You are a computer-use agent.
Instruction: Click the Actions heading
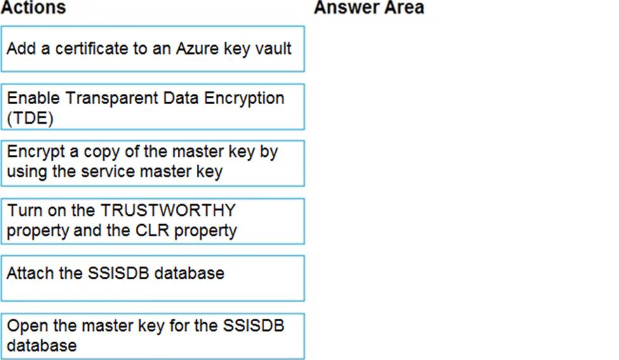tap(34, 8)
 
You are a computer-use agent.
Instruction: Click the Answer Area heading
tap(369, 8)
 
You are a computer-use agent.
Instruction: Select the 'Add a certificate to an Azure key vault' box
tap(153, 49)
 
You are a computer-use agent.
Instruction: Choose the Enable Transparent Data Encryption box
tap(153, 107)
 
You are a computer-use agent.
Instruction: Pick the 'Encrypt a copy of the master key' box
tap(153, 163)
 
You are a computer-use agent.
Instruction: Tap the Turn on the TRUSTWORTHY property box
tap(153, 221)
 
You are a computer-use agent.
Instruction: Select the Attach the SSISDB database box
tap(153, 278)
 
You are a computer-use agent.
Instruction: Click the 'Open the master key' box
tap(153, 336)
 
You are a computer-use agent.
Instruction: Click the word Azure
tap(197, 48)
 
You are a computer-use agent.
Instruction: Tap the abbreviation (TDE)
tap(30, 118)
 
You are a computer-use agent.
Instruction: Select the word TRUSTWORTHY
tap(168, 210)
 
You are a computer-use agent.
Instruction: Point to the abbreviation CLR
tap(152, 230)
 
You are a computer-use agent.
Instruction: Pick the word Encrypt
tap(36, 152)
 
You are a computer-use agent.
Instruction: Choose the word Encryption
tap(244, 98)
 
